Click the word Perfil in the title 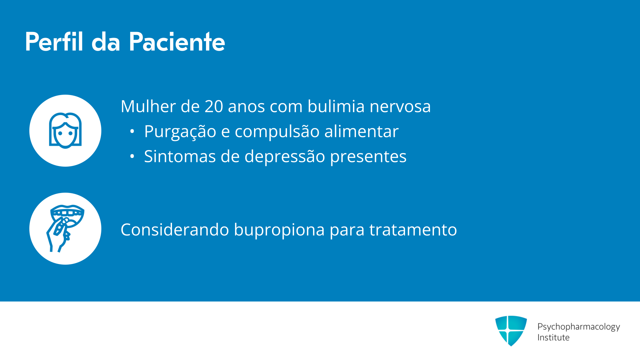(54, 42)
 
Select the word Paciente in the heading (177, 42)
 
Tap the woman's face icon (65, 130)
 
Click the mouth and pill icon (65, 229)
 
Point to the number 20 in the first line (214, 106)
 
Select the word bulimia (336, 106)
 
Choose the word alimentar (361, 131)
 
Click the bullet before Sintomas (132, 156)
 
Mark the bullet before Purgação (132, 131)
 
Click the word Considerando (175, 230)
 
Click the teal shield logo (511, 331)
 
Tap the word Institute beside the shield (553, 337)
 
